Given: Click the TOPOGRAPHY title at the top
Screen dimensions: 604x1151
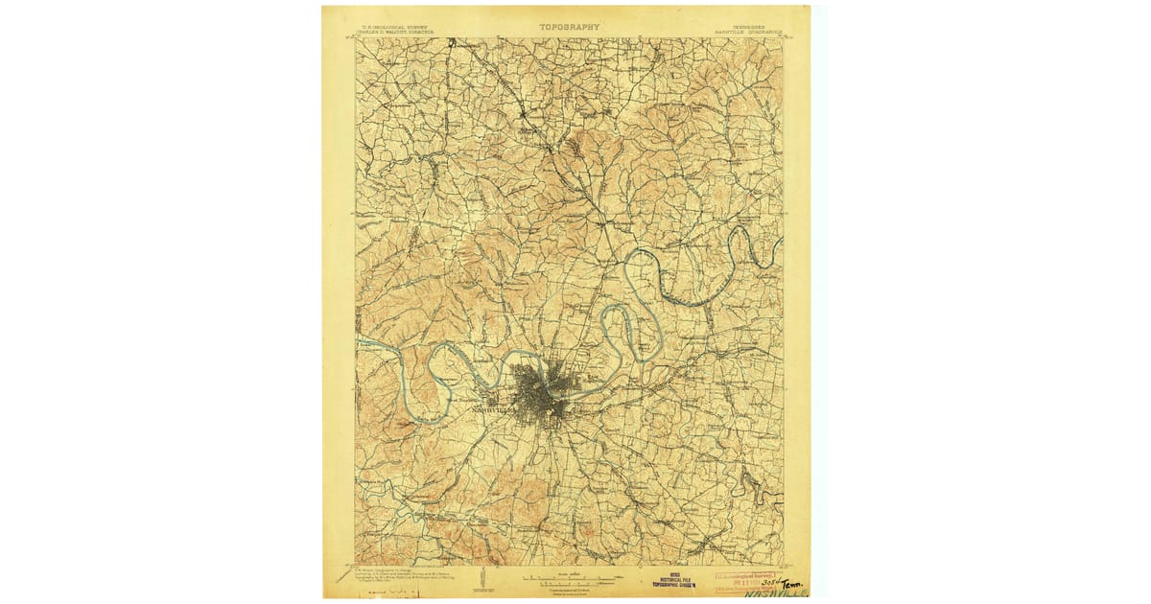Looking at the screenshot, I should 569,27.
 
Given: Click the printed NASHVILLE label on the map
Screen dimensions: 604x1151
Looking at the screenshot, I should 495,410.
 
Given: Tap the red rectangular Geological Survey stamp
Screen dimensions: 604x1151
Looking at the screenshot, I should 747,577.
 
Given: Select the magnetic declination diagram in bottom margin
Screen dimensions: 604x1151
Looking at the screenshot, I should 488,579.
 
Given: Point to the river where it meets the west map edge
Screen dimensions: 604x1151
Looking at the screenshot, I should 358,339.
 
